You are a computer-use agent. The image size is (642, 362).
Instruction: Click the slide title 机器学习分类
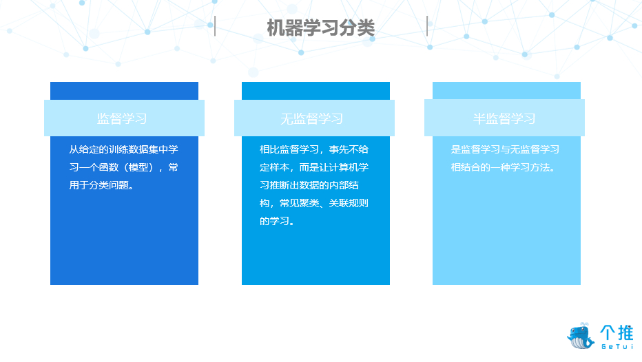320,28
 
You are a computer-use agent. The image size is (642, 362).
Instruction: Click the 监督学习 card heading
122,118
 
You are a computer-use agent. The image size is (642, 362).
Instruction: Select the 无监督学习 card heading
311,118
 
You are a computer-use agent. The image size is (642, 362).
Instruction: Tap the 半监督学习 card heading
504,118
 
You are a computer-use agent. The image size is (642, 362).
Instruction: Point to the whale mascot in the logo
581,336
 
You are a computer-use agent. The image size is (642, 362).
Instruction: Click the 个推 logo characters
617,332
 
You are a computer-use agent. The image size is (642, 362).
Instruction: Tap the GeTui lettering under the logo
617,346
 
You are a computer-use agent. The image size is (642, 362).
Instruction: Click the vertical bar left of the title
215,26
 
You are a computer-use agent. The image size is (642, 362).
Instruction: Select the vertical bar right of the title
427,26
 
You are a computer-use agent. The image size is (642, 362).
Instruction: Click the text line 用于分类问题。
101,185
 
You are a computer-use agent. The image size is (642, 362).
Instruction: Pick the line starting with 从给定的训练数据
124,149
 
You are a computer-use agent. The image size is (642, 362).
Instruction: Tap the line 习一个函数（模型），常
124,167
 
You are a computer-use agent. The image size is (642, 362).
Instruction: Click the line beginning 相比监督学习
314,149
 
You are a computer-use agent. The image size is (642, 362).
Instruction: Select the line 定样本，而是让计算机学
314,167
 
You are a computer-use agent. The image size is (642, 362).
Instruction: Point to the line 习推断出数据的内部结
309,185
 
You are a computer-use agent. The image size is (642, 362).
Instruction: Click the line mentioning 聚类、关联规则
314,203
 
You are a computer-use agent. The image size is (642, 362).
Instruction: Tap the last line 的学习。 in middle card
277,222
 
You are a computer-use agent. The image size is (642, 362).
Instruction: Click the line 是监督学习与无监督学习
505,149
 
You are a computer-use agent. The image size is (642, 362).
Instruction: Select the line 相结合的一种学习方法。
504,167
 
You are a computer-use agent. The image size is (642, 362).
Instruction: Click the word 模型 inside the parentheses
138,167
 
